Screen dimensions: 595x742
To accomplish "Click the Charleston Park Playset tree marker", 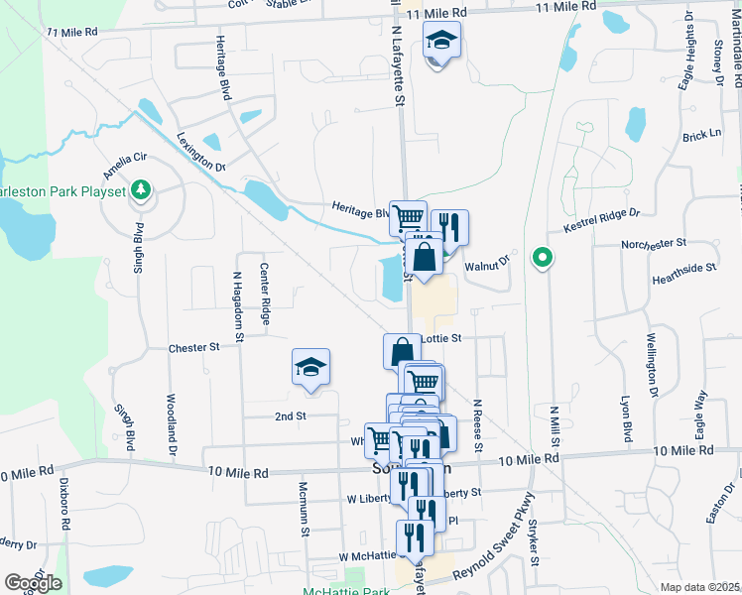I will point(141,189).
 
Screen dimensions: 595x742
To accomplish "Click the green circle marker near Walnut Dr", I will point(542,259).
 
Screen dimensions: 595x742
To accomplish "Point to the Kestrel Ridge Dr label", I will point(603,220).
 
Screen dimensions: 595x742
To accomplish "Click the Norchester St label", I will point(654,243).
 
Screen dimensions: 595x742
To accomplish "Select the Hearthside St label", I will point(683,269).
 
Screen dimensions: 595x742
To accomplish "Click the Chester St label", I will point(193,348).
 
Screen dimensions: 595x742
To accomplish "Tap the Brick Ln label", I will point(701,134).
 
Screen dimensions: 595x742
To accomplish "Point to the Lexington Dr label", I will point(202,152).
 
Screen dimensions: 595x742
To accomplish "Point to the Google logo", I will point(33,583).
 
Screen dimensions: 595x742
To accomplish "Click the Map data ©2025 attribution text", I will point(699,587).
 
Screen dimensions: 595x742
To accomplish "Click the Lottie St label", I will point(442,338).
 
